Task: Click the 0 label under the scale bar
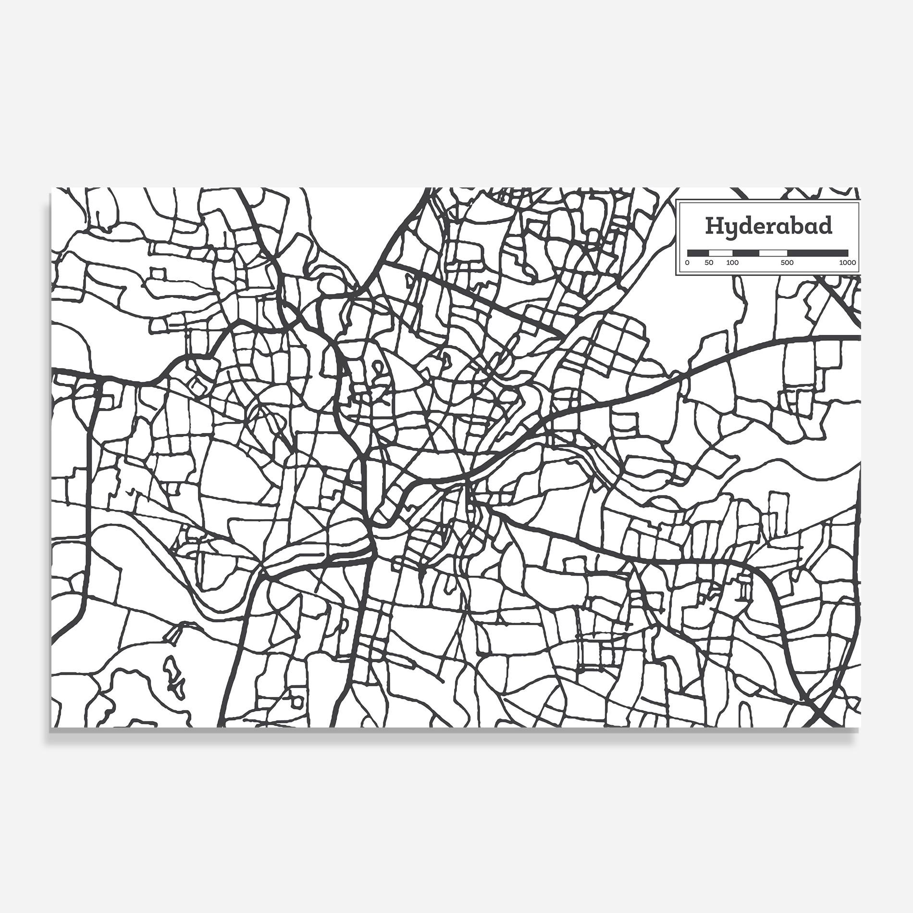click(687, 263)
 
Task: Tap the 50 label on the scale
click(709, 263)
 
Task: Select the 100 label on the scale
click(732, 263)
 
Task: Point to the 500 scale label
click(787, 263)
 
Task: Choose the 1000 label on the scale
click(847, 263)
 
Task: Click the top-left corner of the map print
click(51, 188)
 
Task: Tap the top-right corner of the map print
click(861, 188)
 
